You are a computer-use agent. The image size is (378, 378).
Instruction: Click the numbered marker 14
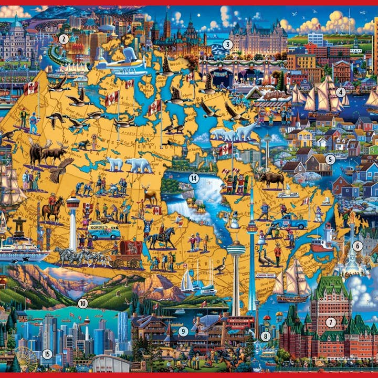click(194, 178)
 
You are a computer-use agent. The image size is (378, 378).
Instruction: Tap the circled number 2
click(64, 38)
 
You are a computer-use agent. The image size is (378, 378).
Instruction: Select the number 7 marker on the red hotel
click(330, 322)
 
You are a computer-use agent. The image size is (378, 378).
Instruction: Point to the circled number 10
click(82, 303)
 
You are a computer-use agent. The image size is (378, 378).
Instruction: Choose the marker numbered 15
click(47, 354)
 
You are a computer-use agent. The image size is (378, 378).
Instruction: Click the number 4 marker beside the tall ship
click(340, 92)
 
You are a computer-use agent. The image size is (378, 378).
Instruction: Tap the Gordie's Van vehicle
click(103, 231)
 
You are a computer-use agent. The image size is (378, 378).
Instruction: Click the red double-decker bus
click(239, 323)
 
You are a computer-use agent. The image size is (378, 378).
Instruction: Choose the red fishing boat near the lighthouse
click(320, 246)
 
